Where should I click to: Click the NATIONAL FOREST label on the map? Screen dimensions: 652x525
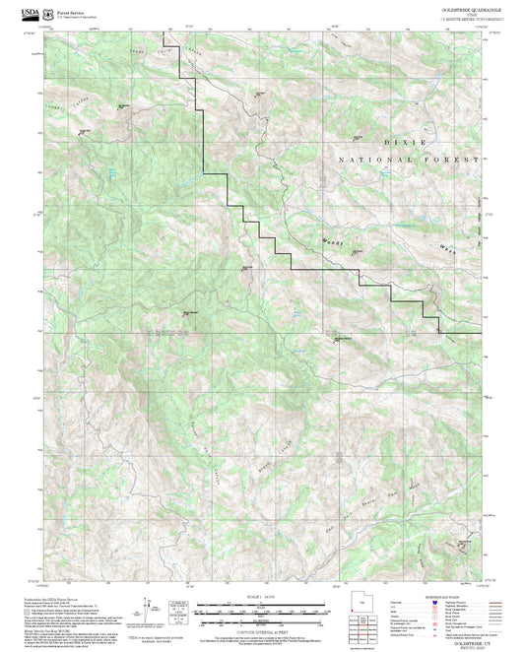409,159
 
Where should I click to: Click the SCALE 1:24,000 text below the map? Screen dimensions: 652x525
262,596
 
